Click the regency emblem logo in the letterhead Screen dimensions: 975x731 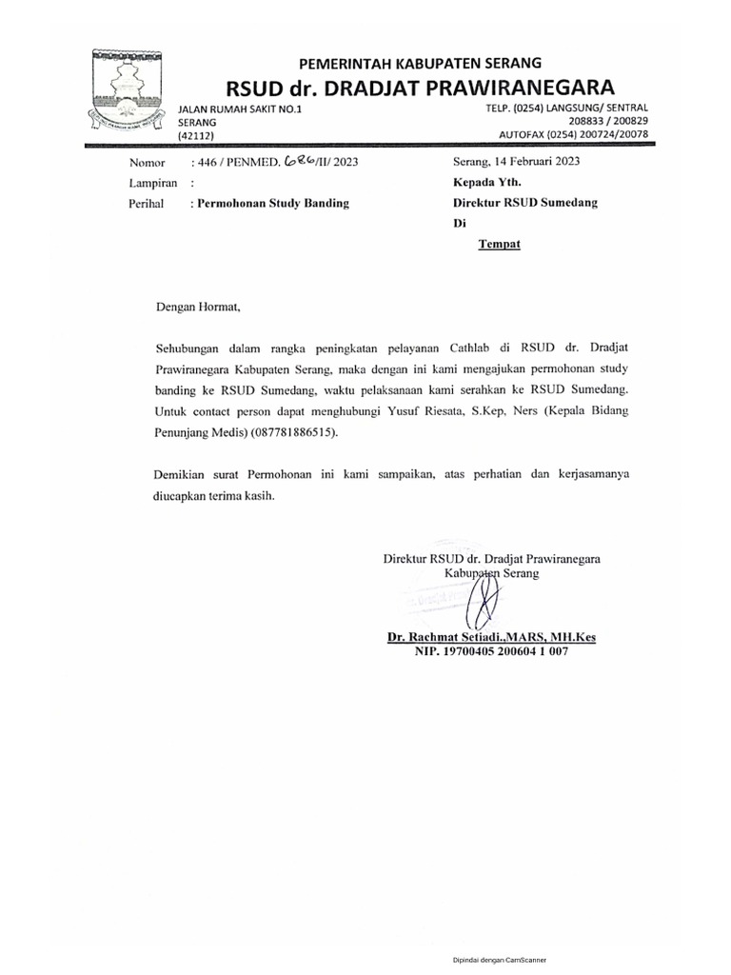click(x=129, y=89)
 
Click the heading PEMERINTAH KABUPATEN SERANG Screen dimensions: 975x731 click(x=421, y=63)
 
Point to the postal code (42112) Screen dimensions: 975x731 click(x=197, y=136)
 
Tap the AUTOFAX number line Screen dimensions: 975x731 click(x=580, y=134)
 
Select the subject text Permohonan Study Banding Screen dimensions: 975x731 click(x=272, y=203)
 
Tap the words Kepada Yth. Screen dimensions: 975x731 click(x=486, y=182)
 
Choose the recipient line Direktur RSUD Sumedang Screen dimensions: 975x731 click(x=525, y=203)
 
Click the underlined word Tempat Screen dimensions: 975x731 click(x=499, y=244)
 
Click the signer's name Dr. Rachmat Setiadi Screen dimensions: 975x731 click(x=448, y=638)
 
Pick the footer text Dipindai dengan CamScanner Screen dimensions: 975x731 click(x=498, y=962)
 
